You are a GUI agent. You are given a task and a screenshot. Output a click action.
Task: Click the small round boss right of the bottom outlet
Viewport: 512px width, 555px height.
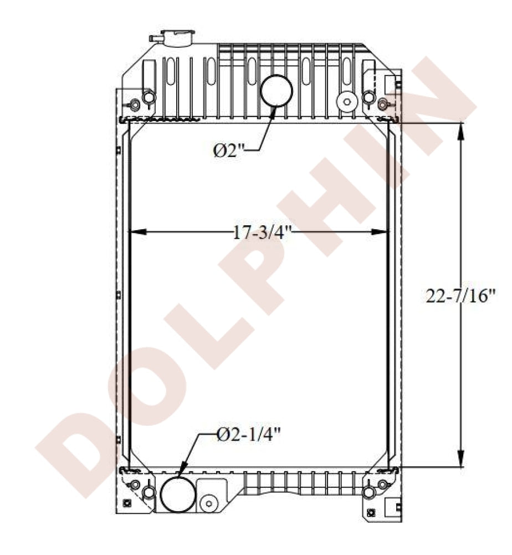pyautogui.click(x=209, y=503)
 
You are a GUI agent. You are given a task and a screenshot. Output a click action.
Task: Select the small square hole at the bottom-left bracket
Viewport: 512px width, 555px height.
pyautogui.click(x=127, y=503)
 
